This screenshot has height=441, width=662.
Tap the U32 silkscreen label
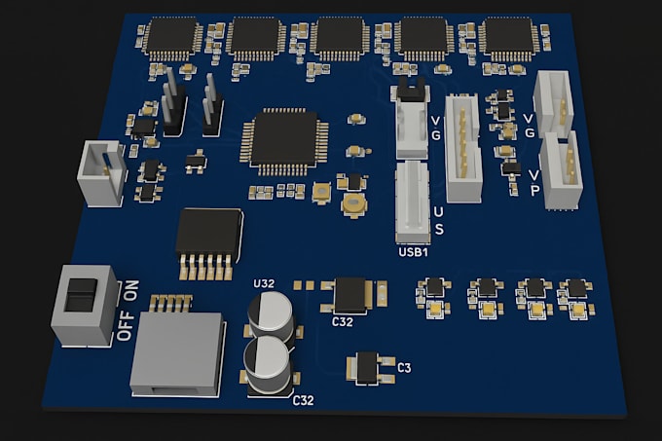click(x=264, y=284)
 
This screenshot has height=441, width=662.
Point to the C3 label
click(x=404, y=368)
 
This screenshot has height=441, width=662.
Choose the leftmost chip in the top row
click(x=171, y=37)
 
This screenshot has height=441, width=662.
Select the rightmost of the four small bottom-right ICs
click(x=577, y=288)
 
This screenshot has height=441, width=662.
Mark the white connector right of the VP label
click(x=562, y=170)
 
